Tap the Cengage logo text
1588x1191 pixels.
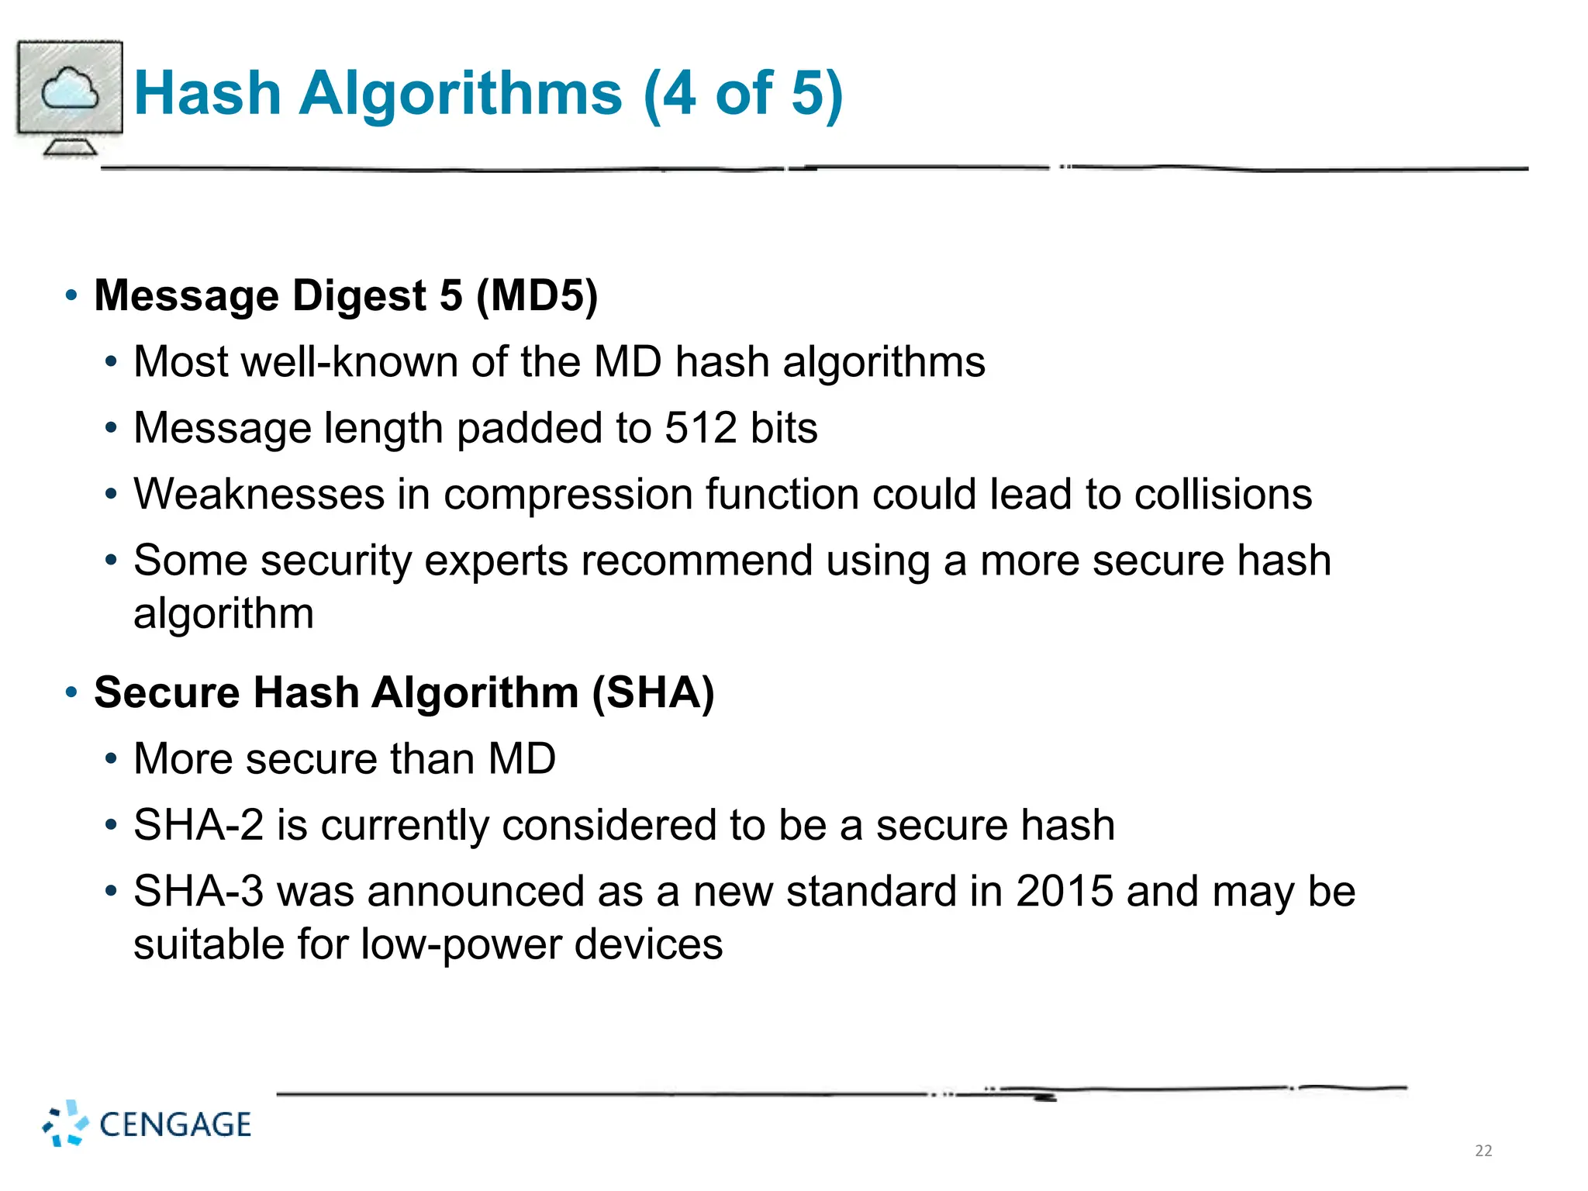[175, 1124]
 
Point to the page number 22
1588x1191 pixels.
[1483, 1151]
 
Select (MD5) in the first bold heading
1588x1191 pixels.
[537, 296]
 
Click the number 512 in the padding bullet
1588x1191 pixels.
[701, 428]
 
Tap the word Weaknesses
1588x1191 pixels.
[259, 495]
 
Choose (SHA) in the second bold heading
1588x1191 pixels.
[653, 692]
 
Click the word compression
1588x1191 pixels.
[568, 495]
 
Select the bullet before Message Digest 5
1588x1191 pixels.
[71, 295]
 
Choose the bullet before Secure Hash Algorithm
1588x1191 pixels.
[71, 692]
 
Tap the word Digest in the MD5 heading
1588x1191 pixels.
[359, 296]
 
